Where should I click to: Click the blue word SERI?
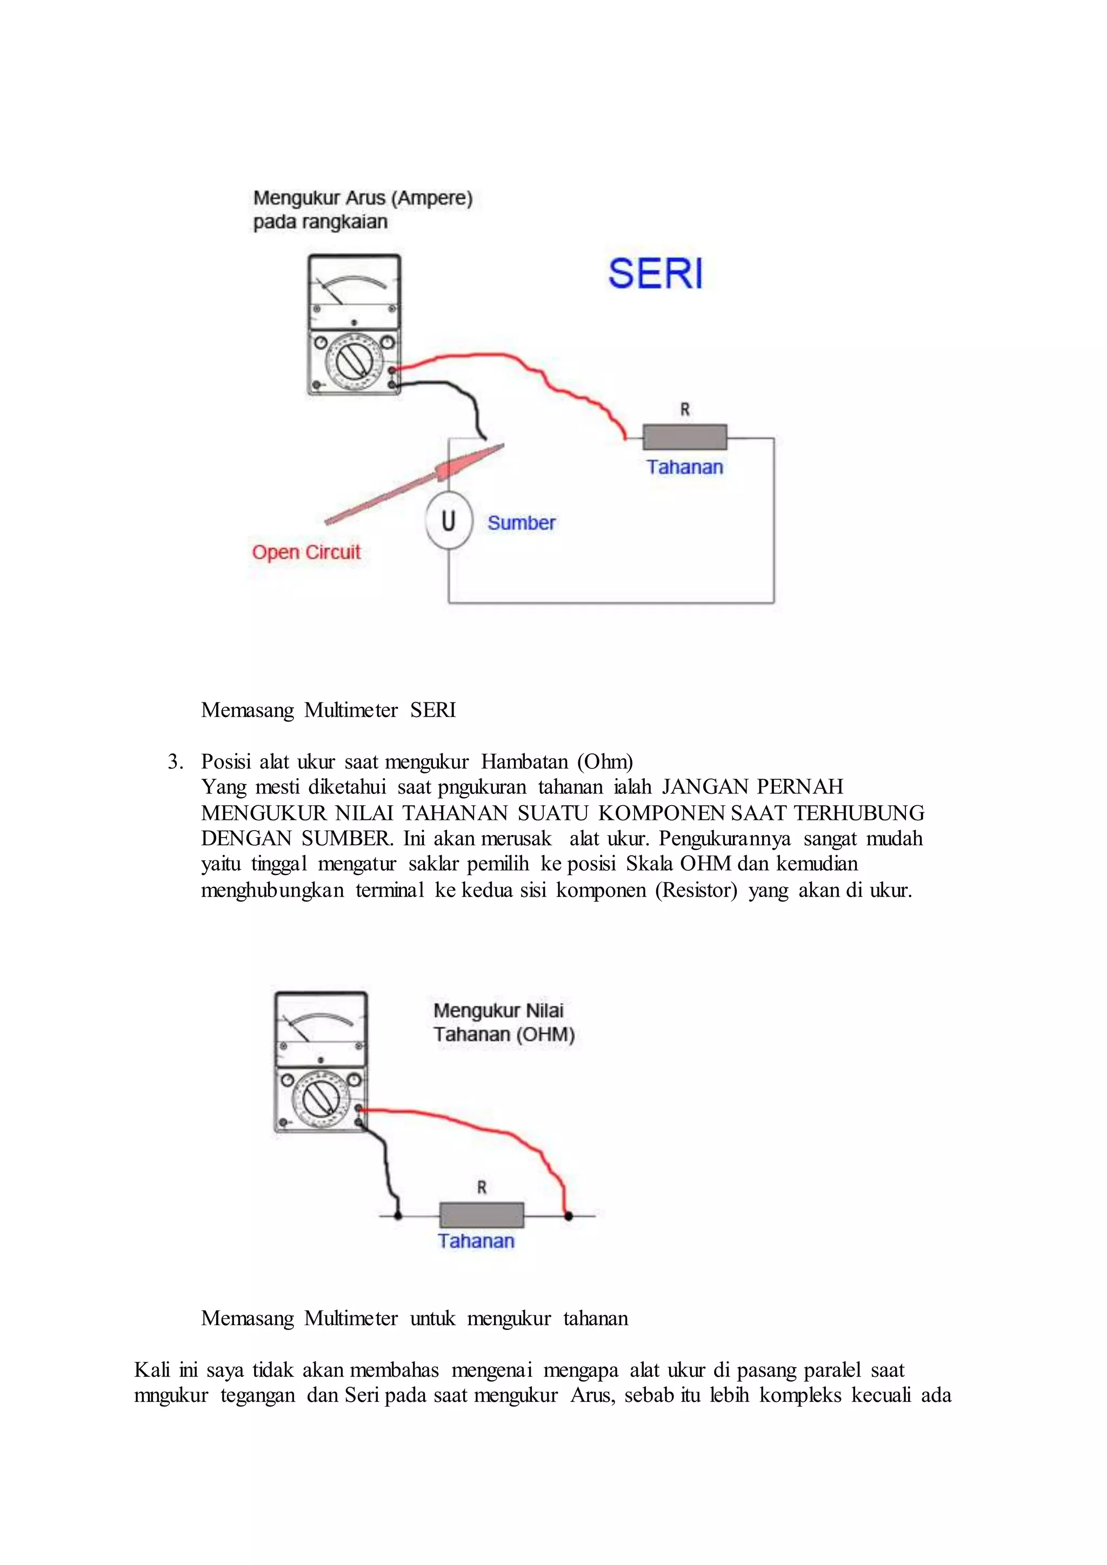coord(655,274)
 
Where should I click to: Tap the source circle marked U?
coord(449,521)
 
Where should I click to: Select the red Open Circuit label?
coord(306,552)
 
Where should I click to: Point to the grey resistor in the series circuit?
coord(684,438)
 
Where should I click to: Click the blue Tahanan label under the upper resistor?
coord(684,467)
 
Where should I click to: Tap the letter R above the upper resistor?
coord(684,410)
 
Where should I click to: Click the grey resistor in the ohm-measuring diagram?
coord(482,1215)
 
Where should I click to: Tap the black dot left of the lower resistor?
coord(398,1215)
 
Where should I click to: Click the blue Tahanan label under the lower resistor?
coord(476,1241)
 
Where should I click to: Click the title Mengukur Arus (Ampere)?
coord(363,198)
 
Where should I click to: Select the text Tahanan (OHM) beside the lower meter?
coord(504,1035)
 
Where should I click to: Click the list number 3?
coord(175,761)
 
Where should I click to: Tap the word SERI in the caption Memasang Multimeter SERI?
coord(433,710)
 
